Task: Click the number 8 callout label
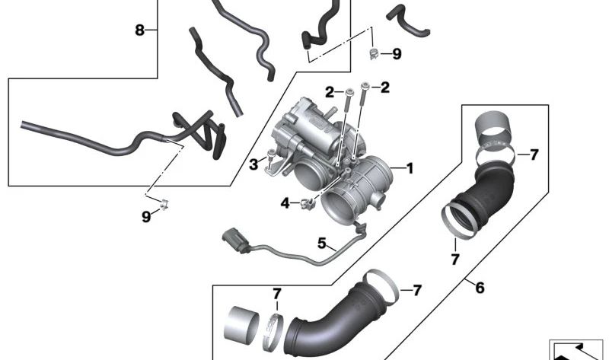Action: click(x=139, y=30)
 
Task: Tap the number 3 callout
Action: click(x=253, y=164)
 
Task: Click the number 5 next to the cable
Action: click(x=322, y=244)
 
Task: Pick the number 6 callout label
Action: click(x=480, y=288)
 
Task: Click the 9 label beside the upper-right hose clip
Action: click(x=396, y=54)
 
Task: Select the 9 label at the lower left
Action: click(x=146, y=217)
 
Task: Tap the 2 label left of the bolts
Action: click(x=330, y=93)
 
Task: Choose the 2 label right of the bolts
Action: click(x=385, y=88)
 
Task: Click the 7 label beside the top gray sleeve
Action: click(x=534, y=155)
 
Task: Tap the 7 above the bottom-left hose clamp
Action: click(x=277, y=294)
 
